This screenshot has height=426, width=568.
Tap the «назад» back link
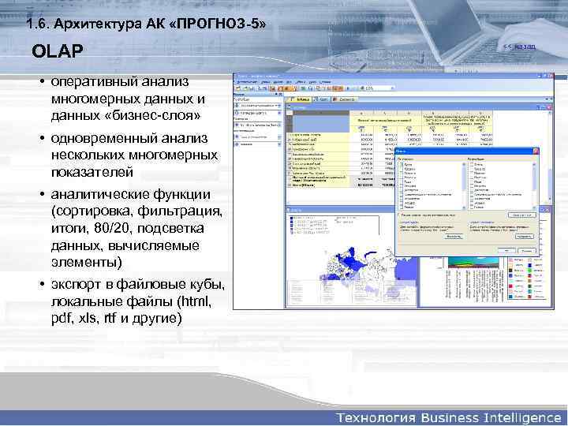(522, 47)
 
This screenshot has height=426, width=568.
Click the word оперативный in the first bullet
(95, 83)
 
